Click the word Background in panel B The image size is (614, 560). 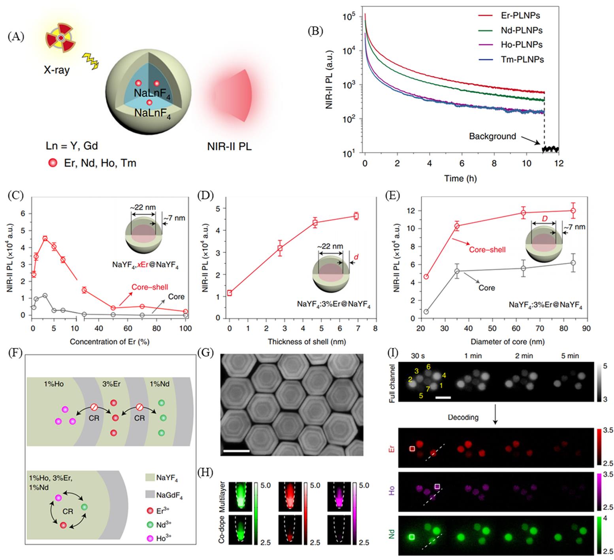pos(492,136)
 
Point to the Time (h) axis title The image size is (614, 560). pos(460,178)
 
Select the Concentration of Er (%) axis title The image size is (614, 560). pos(109,341)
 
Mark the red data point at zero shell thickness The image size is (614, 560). pos(230,293)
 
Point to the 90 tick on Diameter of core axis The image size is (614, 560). pos(586,329)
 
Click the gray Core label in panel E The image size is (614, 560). pos(486,288)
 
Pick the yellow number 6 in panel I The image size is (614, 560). pos(428,367)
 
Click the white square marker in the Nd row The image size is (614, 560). pos(412,537)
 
